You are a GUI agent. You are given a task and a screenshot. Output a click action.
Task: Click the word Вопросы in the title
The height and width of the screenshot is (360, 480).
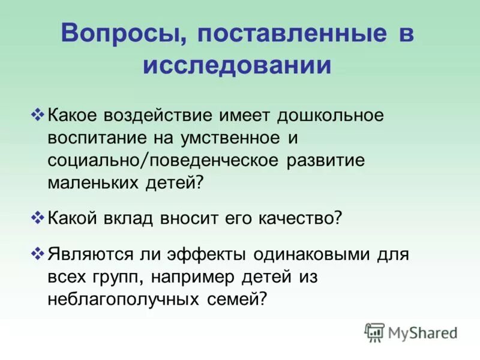(114, 34)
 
